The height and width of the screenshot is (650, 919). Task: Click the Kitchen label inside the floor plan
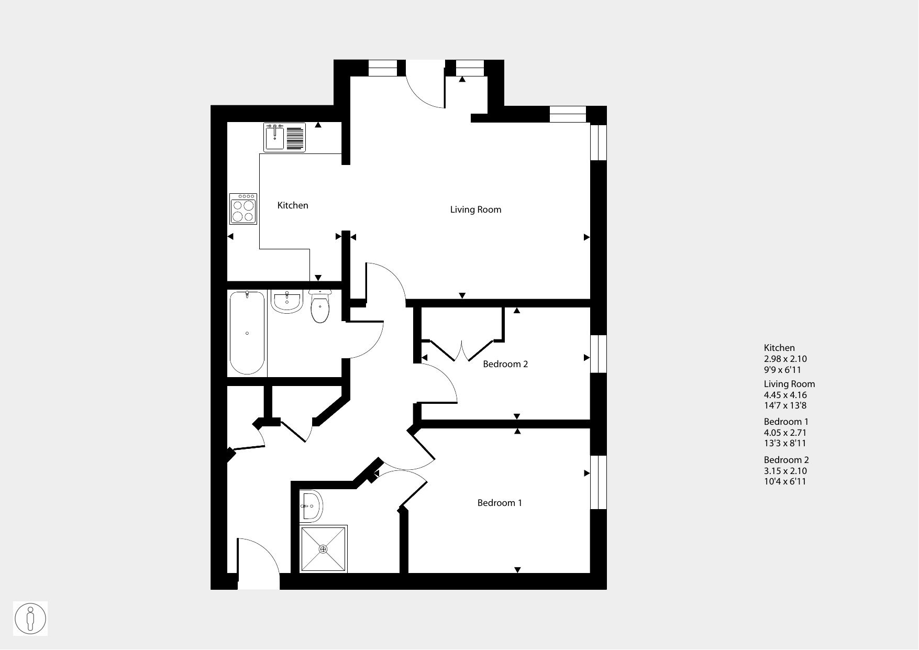[x=293, y=205]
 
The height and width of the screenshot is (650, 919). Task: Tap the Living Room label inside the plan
[x=475, y=210]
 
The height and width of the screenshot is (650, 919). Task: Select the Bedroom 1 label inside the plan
[x=500, y=503]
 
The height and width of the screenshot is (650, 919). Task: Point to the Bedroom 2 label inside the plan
[x=505, y=364]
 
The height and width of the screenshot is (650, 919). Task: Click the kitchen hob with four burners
[x=243, y=209]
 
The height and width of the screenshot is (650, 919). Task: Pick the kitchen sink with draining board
[x=284, y=137]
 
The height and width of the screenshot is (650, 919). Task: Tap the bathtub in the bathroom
[x=247, y=333]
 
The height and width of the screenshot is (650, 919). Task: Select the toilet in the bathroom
[x=320, y=306]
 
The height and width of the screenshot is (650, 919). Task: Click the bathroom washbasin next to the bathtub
[x=286, y=302]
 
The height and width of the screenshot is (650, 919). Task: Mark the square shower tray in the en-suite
[x=324, y=549]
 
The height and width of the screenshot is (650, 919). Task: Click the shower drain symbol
[x=323, y=549]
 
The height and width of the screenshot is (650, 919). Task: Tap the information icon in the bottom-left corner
[x=30, y=619]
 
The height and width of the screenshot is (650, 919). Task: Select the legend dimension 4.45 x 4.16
[x=785, y=395]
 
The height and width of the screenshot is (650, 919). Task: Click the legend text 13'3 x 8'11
[x=785, y=444]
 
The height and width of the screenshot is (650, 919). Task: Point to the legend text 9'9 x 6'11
[x=782, y=370]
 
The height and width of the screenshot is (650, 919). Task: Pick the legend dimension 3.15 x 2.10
[x=785, y=471]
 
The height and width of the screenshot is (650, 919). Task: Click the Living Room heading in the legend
[x=790, y=384]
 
